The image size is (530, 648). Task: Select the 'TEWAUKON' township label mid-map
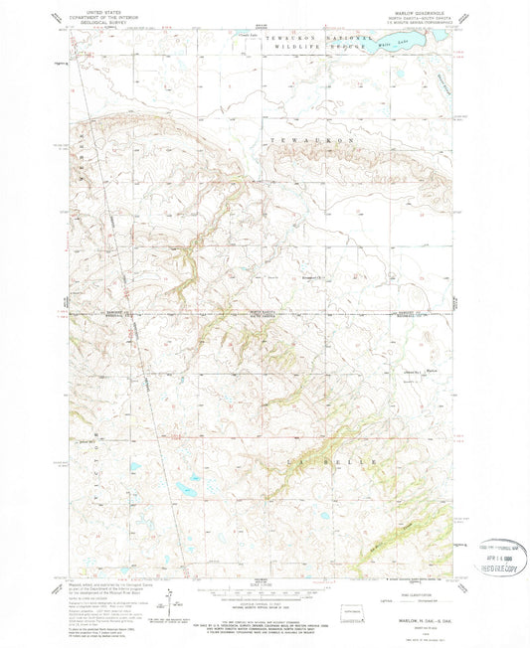[x=312, y=142]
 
